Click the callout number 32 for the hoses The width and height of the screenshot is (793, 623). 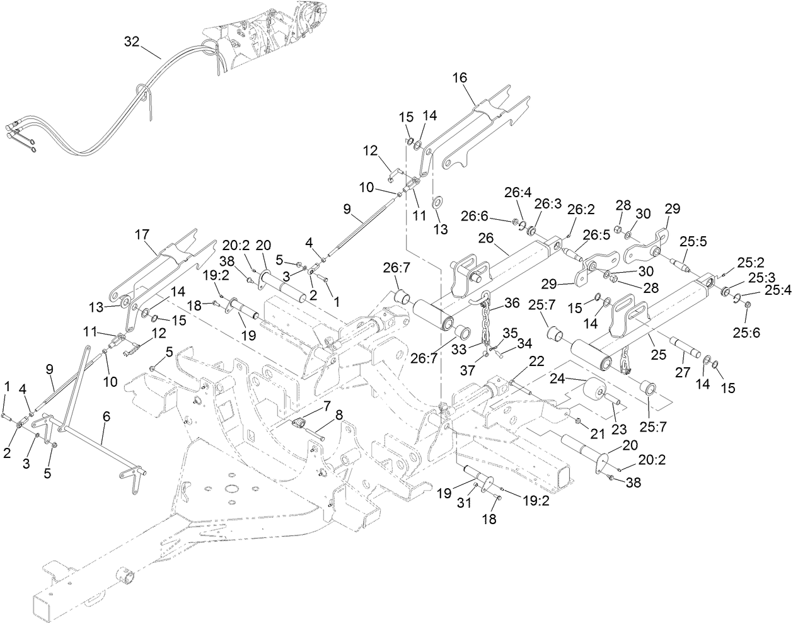pos(131,42)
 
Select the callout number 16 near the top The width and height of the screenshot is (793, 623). pos(460,77)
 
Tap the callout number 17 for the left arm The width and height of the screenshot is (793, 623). pos(142,235)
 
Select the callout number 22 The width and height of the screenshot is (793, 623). pos(536,361)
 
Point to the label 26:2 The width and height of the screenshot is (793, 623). pos(576,209)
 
